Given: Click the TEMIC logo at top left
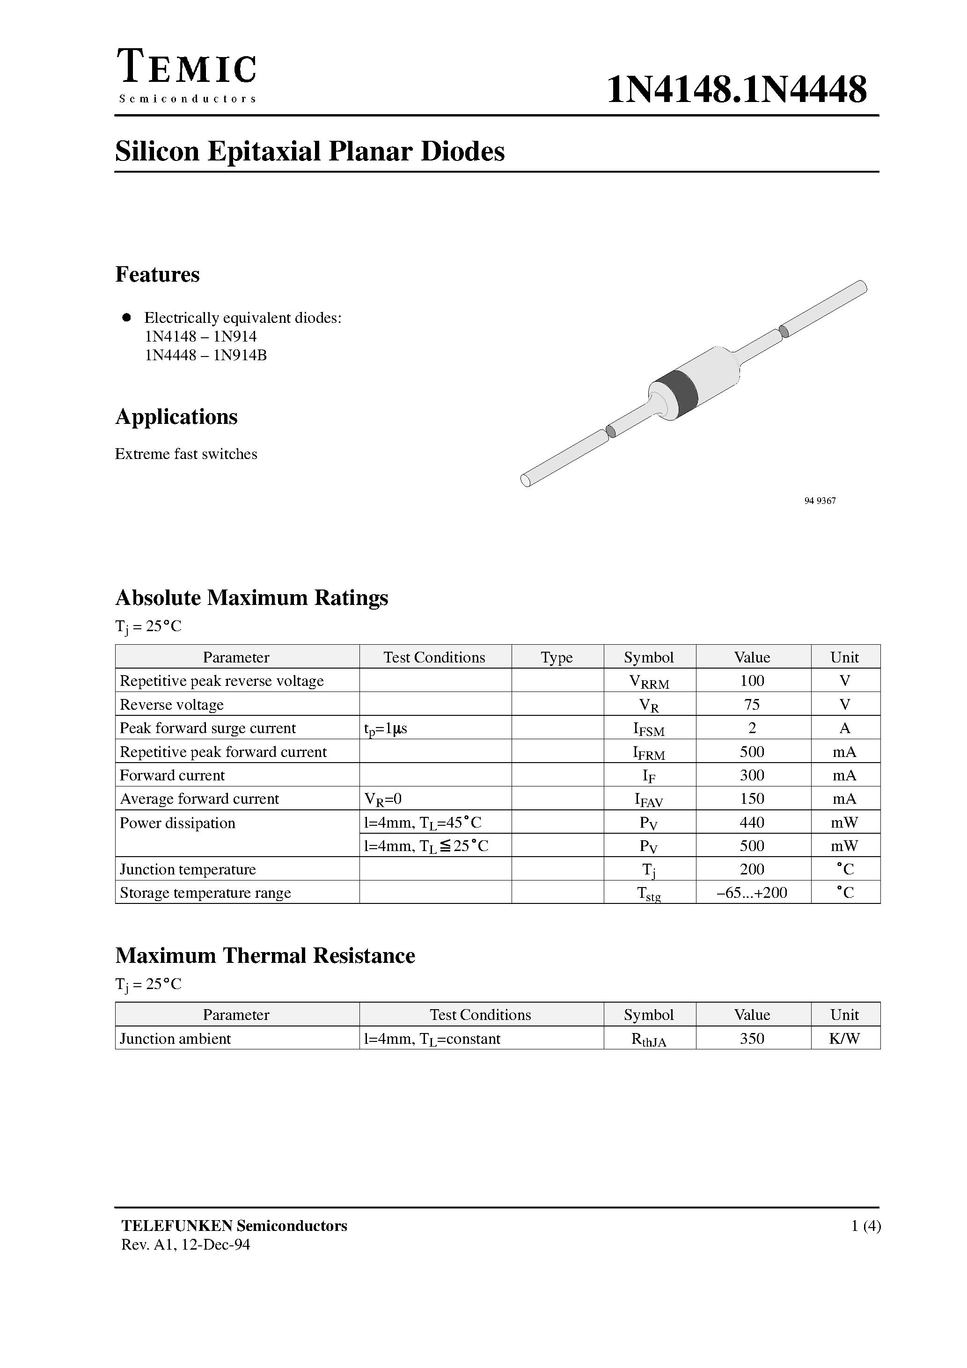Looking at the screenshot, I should pos(187,76).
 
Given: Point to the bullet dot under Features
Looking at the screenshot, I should pos(126,318).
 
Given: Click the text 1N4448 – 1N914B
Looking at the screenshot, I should pos(205,355).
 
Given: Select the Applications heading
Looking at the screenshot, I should pos(176,416).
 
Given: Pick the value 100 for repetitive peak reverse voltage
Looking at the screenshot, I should pos(752,680).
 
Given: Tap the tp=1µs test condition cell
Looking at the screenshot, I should pos(386,728).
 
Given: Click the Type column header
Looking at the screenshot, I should pos(557,657).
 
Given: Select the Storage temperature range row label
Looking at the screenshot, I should pos(205,893).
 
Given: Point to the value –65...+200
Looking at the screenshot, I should pos(752,893).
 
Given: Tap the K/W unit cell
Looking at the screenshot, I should pos(844,1039).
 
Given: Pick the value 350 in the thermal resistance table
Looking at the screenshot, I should pos(752,1039).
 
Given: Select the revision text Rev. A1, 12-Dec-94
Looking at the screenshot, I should pos(185,1244).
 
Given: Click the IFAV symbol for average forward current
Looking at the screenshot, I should pos(649,800).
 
